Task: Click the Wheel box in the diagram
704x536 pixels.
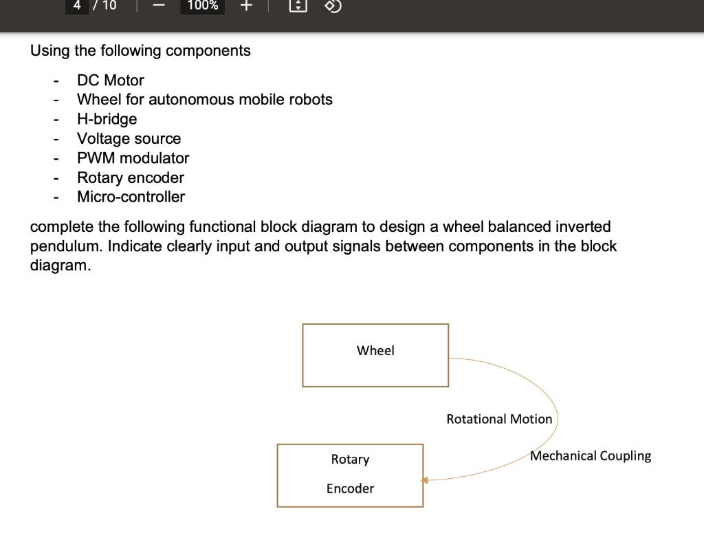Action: coord(375,354)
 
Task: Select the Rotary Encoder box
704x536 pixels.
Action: coord(350,475)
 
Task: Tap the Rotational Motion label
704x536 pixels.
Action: coord(499,419)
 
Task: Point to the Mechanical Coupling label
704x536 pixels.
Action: coord(591,455)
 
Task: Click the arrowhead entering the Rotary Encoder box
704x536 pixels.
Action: coord(425,480)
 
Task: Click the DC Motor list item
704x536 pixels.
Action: coord(110,80)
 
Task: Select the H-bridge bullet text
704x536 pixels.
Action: coord(107,119)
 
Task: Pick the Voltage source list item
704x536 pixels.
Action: coord(129,138)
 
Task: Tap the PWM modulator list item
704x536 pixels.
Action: coord(133,158)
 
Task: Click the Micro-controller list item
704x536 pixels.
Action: coord(131,197)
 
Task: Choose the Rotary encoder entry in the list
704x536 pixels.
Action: coord(130,178)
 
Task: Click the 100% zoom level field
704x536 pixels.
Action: coord(202,6)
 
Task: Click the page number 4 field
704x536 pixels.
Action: coord(77,6)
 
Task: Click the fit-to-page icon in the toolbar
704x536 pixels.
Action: coord(297,6)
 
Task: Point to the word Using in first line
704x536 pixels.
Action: coord(48,51)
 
